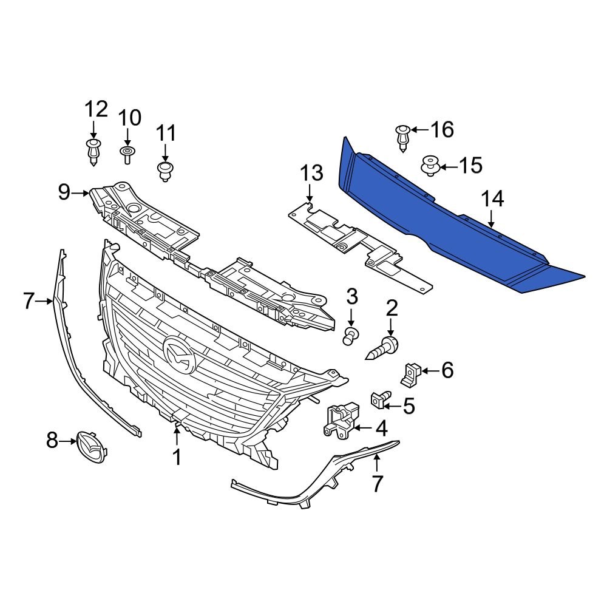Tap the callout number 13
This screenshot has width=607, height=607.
coord(311,174)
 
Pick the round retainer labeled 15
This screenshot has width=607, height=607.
coord(430,165)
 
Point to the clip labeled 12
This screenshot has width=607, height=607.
coord(92,152)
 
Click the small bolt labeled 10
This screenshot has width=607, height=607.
coord(127,154)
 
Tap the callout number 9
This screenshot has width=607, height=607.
coord(65,193)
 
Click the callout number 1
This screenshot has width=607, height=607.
coord(177,457)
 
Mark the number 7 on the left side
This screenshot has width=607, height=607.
coord(28,300)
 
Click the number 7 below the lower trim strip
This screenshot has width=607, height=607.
coord(377,484)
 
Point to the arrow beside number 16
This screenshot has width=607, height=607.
coord(419,129)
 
